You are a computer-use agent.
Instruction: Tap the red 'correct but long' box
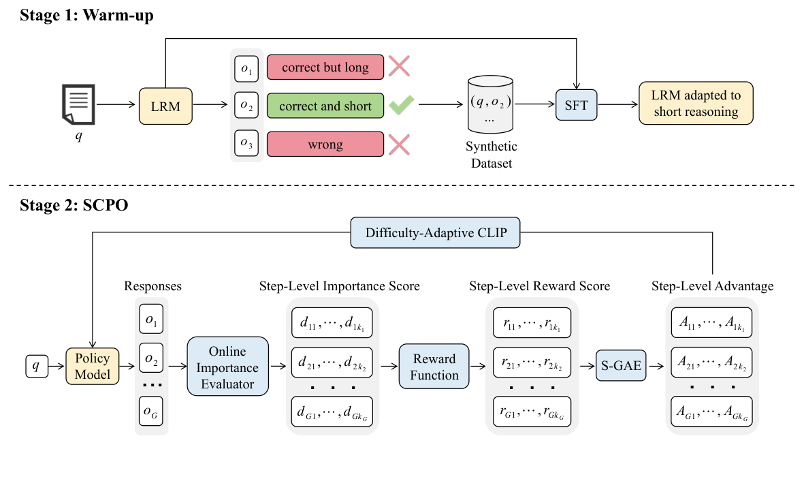click(x=325, y=67)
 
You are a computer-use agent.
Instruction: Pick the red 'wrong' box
click(x=325, y=144)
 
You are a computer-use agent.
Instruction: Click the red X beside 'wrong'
click(x=399, y=144)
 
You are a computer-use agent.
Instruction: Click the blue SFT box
click(x=577, y=106)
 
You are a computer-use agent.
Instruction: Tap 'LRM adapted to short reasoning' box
click(x=696, y=104)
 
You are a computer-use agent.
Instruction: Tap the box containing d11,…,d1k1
click(x=332, y=322)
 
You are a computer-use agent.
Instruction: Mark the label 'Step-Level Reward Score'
click(x=539, y=286)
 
